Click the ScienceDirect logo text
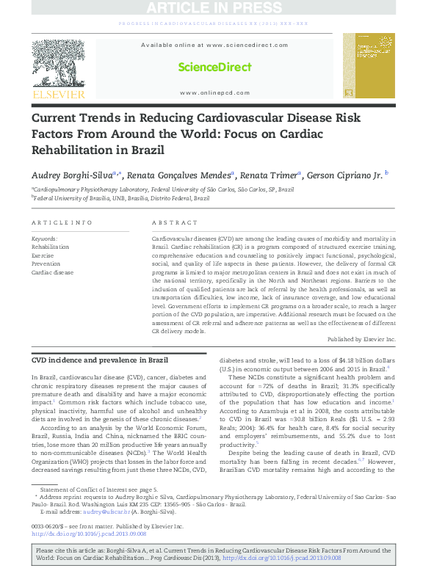(214, 68)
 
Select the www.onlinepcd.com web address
(214, 92)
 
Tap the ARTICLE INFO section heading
(62, 222)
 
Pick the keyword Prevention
(46, 263)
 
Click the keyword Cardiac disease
(52, 272)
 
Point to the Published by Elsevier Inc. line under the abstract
(361, 339)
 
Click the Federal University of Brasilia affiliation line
(116, 198)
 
